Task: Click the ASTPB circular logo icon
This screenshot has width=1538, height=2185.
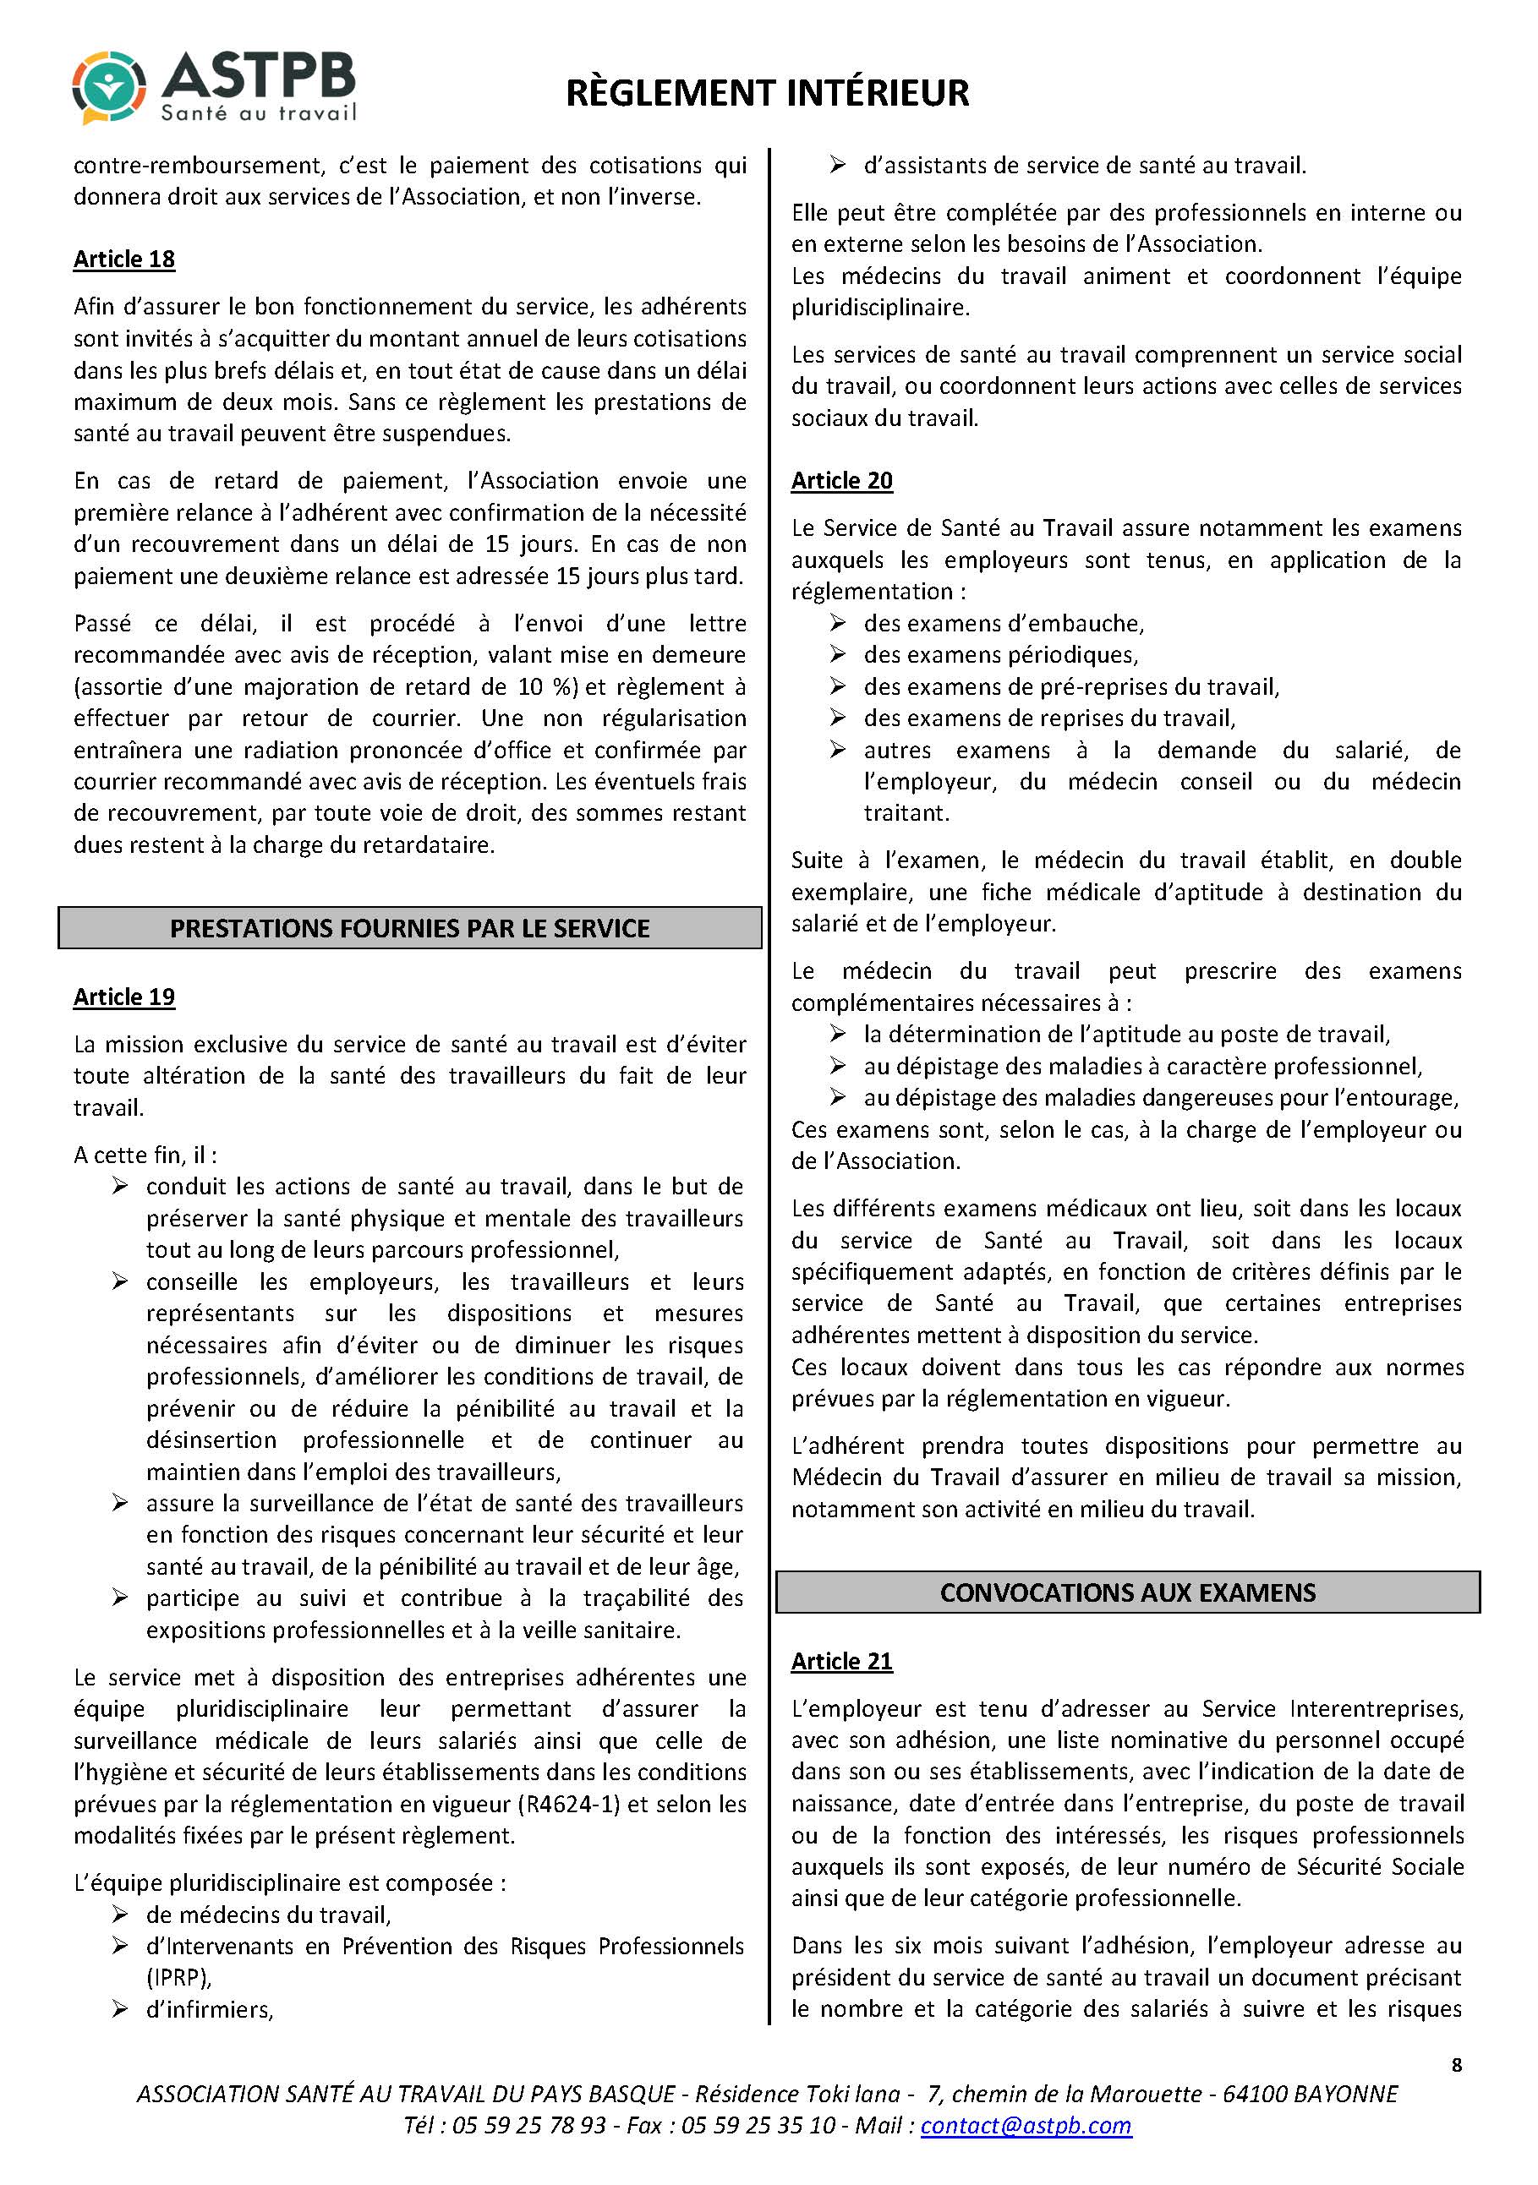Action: point(109,88)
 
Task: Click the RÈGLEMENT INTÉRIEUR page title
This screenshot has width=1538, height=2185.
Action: point(767,93)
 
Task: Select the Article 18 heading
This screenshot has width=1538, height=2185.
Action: point(123,259)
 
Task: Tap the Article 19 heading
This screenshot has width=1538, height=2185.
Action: point(123,997)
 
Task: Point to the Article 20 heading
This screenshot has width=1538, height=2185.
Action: point(841,481)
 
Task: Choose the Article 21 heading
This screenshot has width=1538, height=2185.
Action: point(841,1661)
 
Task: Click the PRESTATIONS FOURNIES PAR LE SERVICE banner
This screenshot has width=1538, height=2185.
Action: point(409,928)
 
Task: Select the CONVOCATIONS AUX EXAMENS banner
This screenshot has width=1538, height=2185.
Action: point(1128,1593)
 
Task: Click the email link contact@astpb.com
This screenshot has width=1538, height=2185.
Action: point(1026,2126)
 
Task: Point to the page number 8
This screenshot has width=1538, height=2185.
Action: point(1456,2064)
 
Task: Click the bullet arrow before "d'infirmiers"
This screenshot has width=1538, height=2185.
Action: point(120,2009)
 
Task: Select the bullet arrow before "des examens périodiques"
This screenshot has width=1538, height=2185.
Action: point(838,655)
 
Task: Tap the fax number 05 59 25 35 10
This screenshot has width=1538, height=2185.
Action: point(758,2126)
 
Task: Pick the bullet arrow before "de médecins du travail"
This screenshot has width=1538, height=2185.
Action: point(120,1914)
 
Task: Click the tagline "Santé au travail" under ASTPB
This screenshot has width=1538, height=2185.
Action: point(258,113)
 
